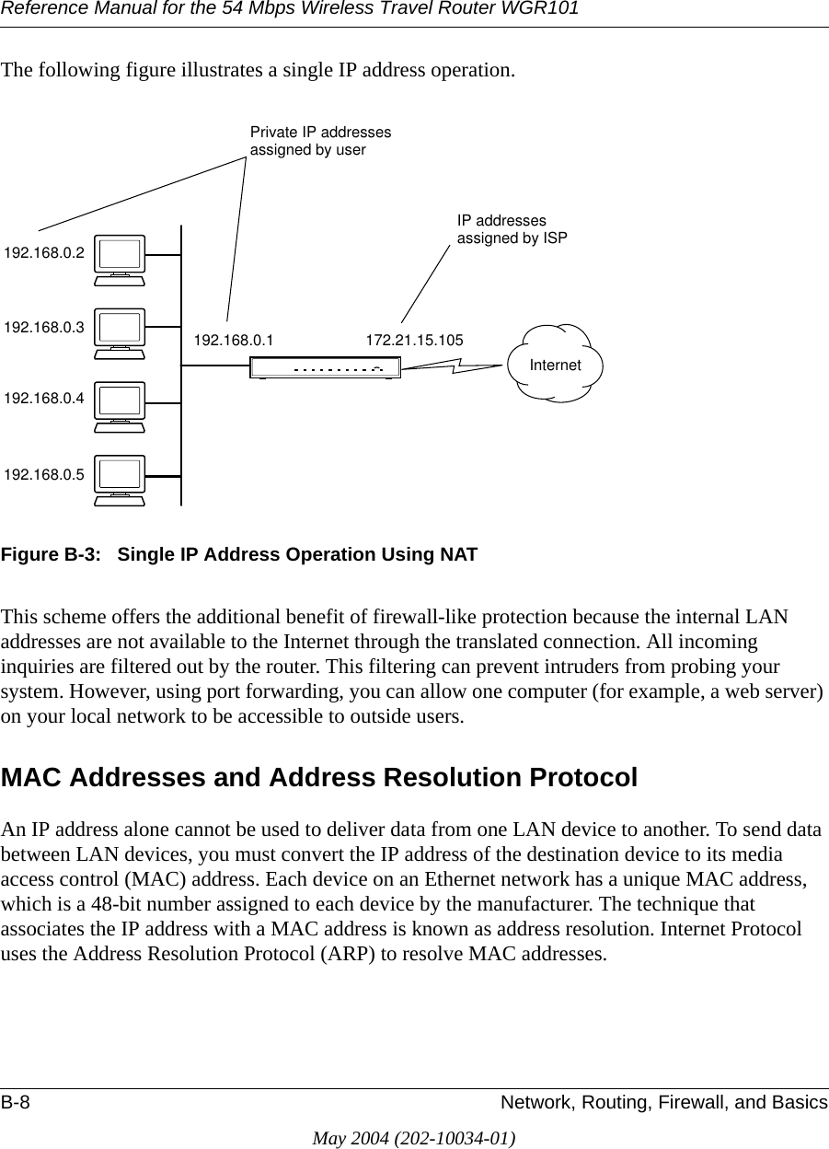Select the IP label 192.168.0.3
coord(44,327)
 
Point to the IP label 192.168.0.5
coord(44,475)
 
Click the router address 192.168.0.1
coord(234,341)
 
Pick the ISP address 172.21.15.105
coord(414,341)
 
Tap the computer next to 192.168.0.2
coord(120,260)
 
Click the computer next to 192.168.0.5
coord(120,480)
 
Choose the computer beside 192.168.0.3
coord(120,333)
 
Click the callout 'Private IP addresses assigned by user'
coord(320,141)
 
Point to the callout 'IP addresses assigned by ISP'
coord(512,229)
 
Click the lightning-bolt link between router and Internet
coord(454,366)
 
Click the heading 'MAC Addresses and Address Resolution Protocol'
coord(319,778)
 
